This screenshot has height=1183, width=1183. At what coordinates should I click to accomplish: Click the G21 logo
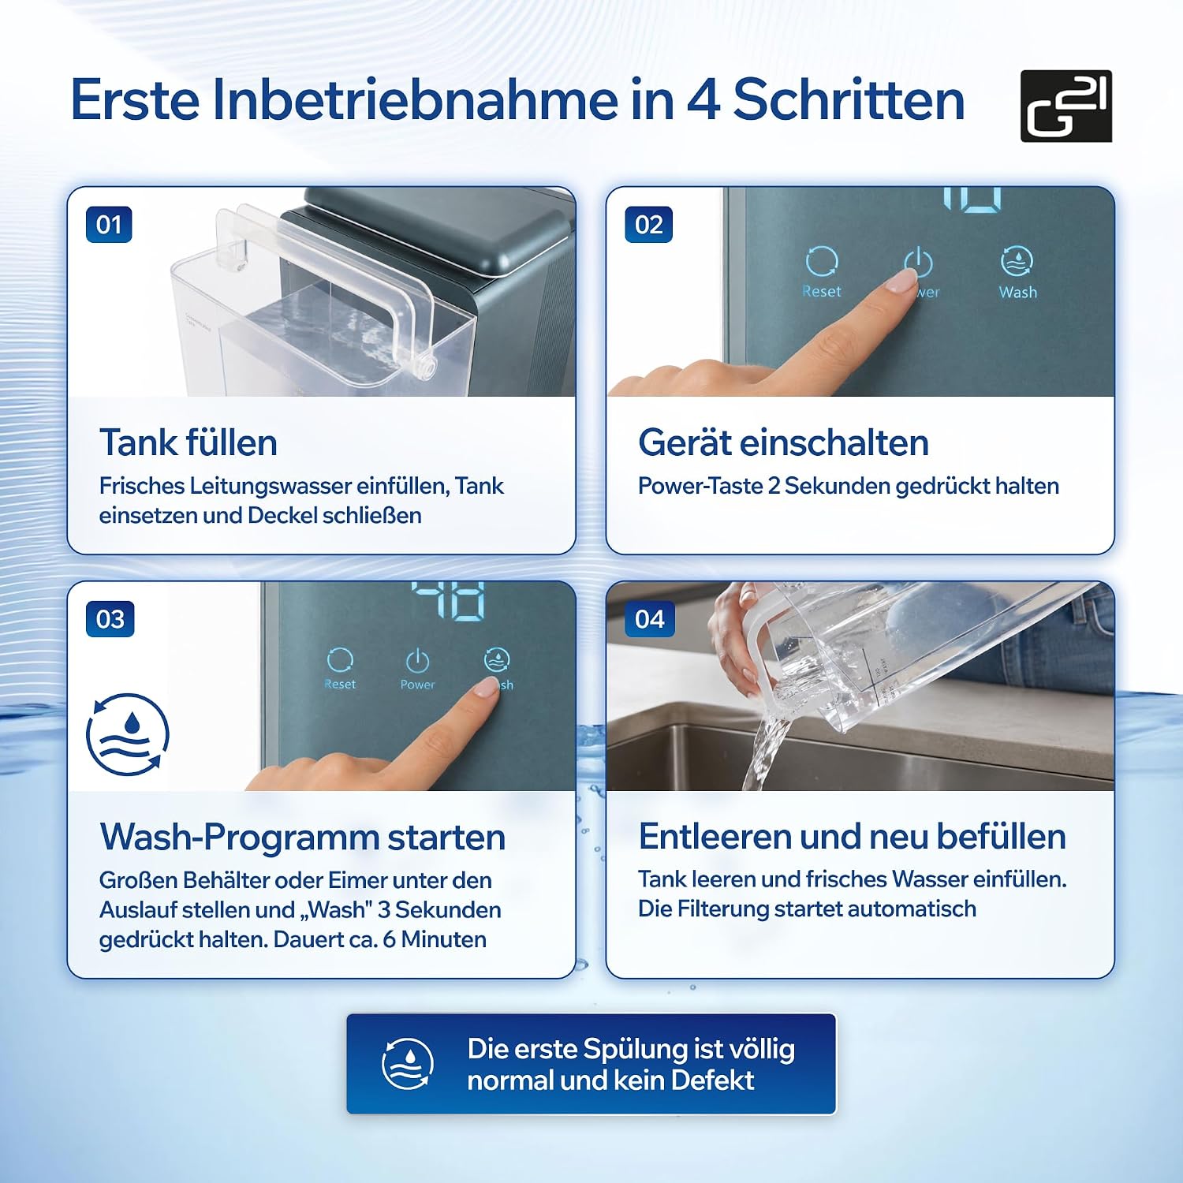1065,106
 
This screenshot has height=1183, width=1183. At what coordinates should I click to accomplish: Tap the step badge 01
109,225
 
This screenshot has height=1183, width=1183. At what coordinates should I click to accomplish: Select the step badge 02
648,225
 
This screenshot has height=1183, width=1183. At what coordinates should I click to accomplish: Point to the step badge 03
110,619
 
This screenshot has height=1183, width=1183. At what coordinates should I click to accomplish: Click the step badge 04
649,619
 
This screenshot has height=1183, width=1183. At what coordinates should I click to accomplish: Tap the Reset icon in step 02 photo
822,261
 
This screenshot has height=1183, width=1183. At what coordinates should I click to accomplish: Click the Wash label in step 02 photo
1017,292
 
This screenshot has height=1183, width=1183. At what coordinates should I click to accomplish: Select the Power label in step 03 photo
417,685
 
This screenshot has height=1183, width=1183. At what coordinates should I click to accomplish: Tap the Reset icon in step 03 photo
340,660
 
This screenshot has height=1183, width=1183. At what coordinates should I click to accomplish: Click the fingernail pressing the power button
901,280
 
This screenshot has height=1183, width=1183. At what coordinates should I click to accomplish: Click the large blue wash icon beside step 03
128,734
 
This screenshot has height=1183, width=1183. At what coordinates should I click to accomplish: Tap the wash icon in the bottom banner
408,1064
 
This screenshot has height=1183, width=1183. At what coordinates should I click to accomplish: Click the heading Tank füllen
188,442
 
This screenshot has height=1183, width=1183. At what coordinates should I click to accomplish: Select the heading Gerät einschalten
783,442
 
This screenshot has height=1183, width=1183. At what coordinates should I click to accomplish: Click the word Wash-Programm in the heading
239,837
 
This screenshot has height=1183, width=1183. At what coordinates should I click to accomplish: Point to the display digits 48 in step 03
447,600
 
